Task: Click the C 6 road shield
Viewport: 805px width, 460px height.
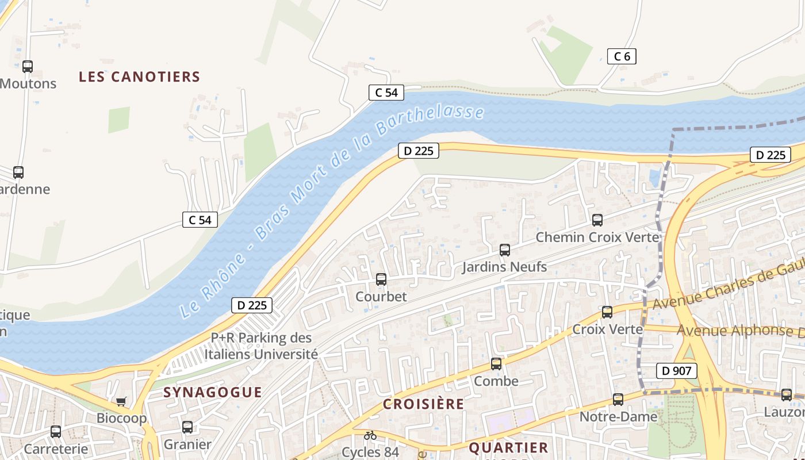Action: pos(622,56)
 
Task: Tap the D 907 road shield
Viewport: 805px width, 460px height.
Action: pos(676,371)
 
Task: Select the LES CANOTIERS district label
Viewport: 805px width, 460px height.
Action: pos(139,76)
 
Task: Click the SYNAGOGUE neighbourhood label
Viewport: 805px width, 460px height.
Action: pos(213,392)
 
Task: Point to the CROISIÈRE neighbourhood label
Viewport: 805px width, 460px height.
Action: pos(423,404)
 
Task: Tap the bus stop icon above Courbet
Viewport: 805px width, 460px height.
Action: pos(381,279)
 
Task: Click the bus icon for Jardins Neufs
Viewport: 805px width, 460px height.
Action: pos(505,250)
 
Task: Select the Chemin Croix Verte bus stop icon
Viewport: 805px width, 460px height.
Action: pos(597,220)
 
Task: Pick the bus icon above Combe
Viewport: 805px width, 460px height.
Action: pos(496,364)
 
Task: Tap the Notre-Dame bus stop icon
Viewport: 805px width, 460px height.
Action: pos(618,399)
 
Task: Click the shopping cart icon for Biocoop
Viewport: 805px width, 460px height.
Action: pos(121,401)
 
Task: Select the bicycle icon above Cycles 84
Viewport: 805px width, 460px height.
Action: pos(370,435)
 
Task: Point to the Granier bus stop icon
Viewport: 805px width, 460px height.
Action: pos(187,427)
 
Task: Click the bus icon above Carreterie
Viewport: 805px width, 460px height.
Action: pos(56,431)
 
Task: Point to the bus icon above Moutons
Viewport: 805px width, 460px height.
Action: pos(28,67)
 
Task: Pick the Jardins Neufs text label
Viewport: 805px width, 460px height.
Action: pos(504,267)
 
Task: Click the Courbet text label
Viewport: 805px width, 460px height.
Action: pos(381,297)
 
